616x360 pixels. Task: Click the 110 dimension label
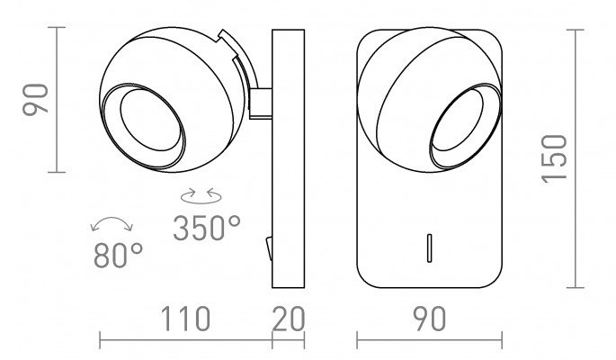click(x=185, y=319)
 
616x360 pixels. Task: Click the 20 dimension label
click(x=289, y=319)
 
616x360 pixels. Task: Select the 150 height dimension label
click(x=554, y=158)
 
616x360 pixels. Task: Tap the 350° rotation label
click(x=207, y=228)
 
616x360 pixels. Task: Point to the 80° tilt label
click(x=118, y=255)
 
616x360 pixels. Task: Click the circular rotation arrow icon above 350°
click(x=201, y=195)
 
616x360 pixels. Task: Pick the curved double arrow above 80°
click(x=112, y=222)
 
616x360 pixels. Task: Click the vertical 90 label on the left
click(x=35, y=100)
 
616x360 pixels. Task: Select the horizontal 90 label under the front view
click(x=430, y=319)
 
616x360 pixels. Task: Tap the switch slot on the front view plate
click(x=429, y=248)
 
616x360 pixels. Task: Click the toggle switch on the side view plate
click(x=269, y=248)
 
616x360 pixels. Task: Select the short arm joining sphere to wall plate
click(x=260, y=103)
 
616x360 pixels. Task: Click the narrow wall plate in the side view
click(x=289, y=158)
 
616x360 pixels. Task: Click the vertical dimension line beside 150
click(x=576, y=158)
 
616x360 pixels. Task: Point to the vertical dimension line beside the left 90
click(x=57, y=100)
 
